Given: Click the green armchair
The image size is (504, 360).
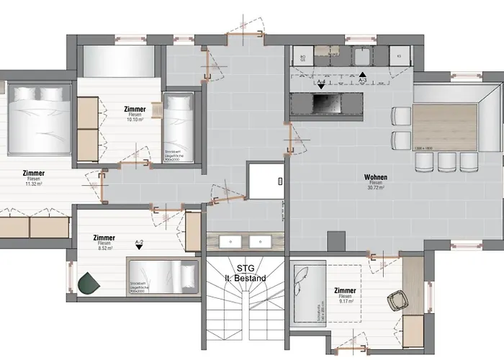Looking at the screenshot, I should coord(89,282).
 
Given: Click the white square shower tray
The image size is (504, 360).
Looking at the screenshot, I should coord(263,180).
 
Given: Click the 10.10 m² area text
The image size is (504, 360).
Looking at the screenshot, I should coord(134,120).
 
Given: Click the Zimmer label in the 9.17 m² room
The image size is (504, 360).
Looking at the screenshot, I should coord(346,290).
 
